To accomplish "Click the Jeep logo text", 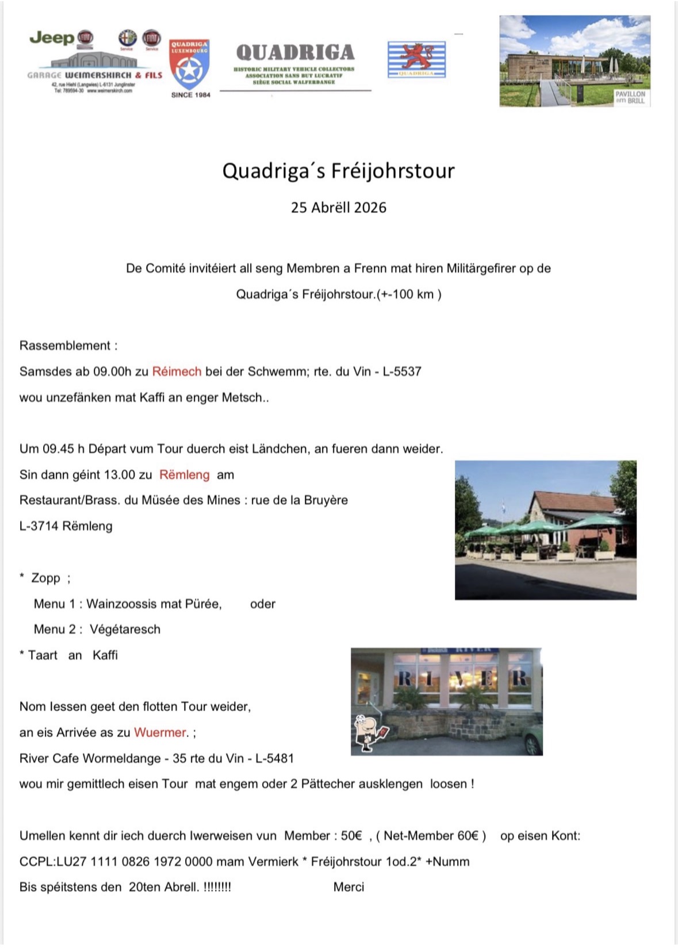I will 52,38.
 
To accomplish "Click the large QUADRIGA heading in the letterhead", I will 295,53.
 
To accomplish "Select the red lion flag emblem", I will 416,59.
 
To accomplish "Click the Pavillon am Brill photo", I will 574,61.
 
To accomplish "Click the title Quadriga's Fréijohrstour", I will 338,171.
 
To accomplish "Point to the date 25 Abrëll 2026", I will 338,208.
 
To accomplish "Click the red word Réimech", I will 177,371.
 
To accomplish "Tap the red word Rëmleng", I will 184,475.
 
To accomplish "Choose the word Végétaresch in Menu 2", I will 125,630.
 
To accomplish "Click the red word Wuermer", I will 160,732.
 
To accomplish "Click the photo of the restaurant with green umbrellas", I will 545,530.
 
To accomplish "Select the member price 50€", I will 351,836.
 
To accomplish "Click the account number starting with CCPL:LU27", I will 132,862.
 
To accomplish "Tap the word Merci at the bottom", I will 348,887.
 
